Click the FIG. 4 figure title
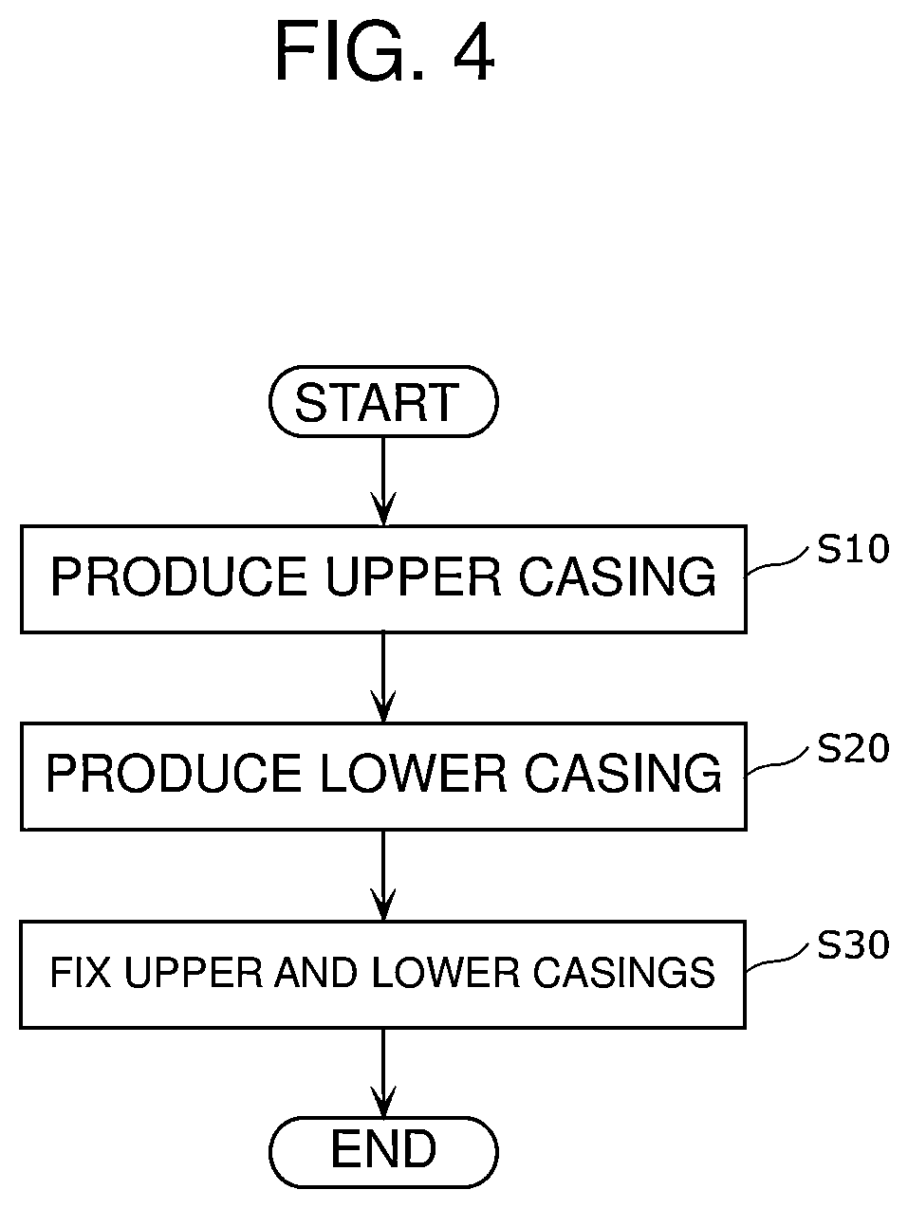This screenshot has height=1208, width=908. pyautogui.click(x=384, y=51)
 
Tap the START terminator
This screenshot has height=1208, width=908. pyautogui.click(x=383, y=401)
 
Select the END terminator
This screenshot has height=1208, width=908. pyautogui.click(x=383, y=1152)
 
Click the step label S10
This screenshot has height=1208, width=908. pyautogui.click(x=852, y=549)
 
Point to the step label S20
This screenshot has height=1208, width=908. pyautogui.click(x=852, y=748)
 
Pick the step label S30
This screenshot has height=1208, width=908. pyautogui.click(x=852, y=945)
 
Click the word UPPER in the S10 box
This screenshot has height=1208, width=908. pyautogui.click(x=414, y=577)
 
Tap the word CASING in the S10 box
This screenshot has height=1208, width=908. pyautogui.click(x=618, y=577)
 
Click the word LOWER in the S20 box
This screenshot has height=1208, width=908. pyautogui.click(x=413, y=775)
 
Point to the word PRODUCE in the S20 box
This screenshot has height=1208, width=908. pyautogui.click(x=174, y=775)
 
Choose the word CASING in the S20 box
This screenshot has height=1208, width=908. pyautogui.click(x=622, y=775)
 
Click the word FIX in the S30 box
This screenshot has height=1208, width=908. pyautogui.click(x=81, y=973)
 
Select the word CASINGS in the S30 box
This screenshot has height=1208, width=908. pyautogui.click(x=624, y=973)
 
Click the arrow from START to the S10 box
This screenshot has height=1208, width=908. pyautogui.click(x=383, y=481)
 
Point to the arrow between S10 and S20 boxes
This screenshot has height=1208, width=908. pyautogui.click(x=383, y=678)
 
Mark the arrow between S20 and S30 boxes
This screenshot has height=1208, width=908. pyautogui.click(x=383, y=875)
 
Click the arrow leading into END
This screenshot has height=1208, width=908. pyautogui.click(x=383, y=1073)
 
